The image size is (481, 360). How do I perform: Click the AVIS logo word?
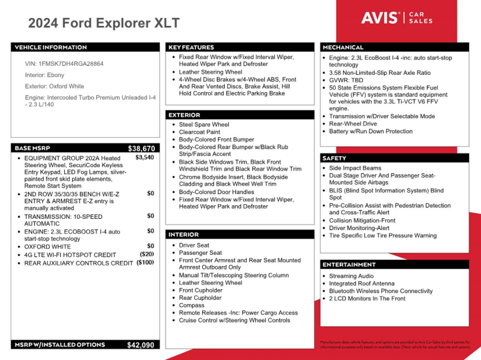pyautogui.click(x=380, y=18)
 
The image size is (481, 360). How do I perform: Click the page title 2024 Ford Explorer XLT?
pyautogui.click(x=104, y=23)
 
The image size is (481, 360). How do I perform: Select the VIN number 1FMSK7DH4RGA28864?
pyautogui.click(x=71, y=64)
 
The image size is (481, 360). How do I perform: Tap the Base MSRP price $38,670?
pyautogui.click(x=141, y=149)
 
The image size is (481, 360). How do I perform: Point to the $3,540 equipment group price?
pyautogui.click(x=145, y=158)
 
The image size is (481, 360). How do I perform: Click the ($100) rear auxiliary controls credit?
pyautogui.click(x=145, y=262)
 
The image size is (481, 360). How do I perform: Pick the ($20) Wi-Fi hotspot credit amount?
pyautogui.click(x=147, y=254)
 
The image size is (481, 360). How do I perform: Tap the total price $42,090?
pyautogui.click(x=141, y=345)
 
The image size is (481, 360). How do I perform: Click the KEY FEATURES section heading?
pyautogui.click(x=191, y=47)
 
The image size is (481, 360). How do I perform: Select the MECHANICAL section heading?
pyautogui.click(x=343, y=47)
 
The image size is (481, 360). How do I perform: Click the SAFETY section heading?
pyautogui.click(x=334, y=158)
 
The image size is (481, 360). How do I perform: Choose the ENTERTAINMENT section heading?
pyautogui.click(x=349, y=265)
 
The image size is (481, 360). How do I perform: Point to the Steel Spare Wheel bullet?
pyautogui.click(x=204, y=125)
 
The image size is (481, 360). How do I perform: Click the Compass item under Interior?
pyautogui.click(x=192, y=305)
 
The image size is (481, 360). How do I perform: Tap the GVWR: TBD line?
pyautogui.click(x=346, y=80)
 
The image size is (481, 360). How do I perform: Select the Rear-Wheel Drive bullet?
pyautogui.click(x=353, y=124)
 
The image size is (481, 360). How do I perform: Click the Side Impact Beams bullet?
pyautogui.click(x=355, y=168)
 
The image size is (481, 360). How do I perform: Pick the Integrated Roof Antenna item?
pyautogui.click(x=362, y=283)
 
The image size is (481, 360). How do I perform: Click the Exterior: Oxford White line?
pyautogui.click(x=54, y=86)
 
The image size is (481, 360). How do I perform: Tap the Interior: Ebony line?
pyautogui.click(x=44, y=75)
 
